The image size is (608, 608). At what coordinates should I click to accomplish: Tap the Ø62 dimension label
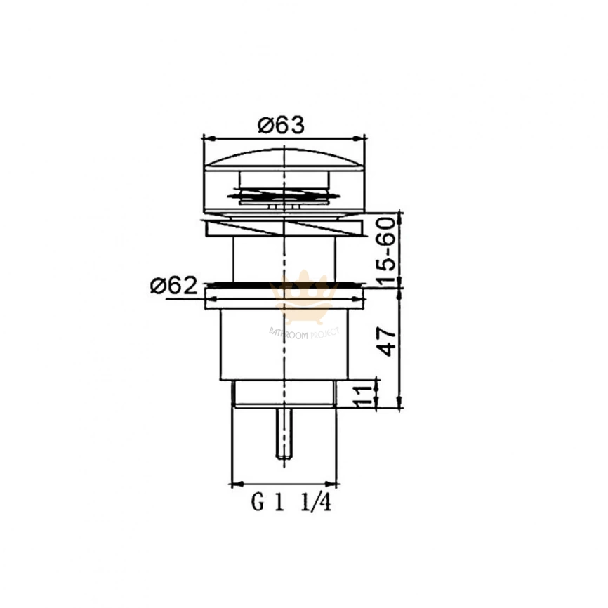point(171,286)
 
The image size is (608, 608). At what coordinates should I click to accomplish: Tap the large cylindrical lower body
point(284,344)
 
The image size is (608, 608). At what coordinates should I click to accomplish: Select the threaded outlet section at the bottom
point(284,394)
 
